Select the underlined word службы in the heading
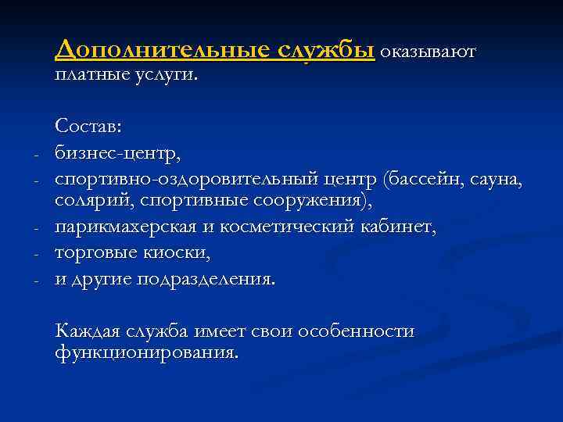pyautogui.click(x=328, y=50)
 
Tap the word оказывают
pyautogui.click(x=428, y=52)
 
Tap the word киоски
pyautogui.click(x=185, y=253)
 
